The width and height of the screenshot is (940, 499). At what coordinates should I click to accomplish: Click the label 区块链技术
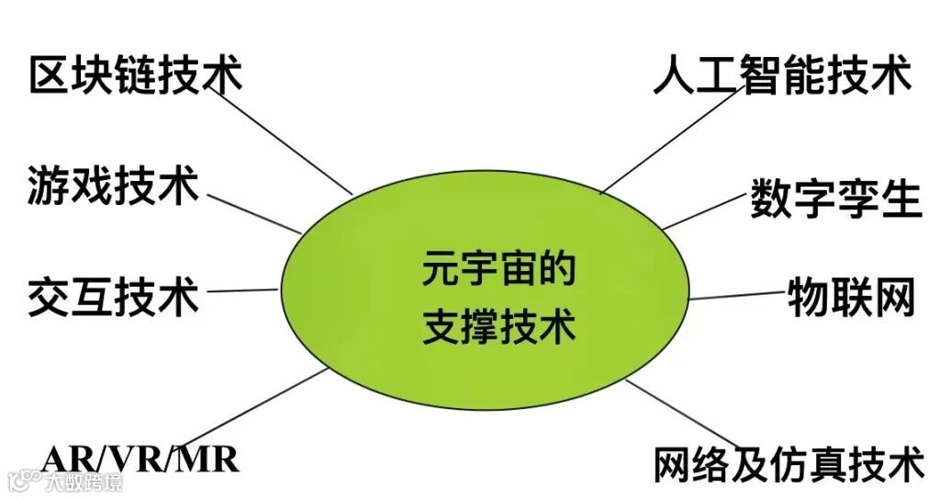click(x=136, y=74)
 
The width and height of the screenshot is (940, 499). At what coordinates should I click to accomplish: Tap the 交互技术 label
click(x=113, y=296)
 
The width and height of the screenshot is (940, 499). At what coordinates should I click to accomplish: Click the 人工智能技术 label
click(x=781, y=74)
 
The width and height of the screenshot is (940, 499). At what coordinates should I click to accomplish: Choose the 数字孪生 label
click(x=834, y=198)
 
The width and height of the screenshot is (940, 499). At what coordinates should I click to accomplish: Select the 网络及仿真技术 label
click(x=789, y=464)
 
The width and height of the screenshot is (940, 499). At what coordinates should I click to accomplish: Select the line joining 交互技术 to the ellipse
click(x=241, y=290)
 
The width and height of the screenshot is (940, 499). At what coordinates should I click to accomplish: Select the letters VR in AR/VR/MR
click(x=139, y=457)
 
